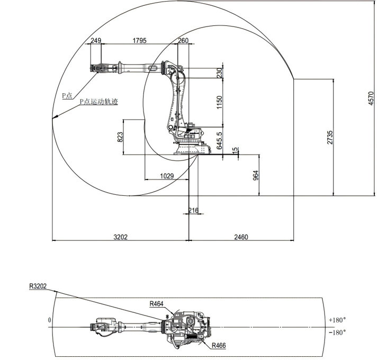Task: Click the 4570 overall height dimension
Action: click(371, 98)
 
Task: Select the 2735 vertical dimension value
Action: click(330, 137)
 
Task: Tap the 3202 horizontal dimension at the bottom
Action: click(121, 237)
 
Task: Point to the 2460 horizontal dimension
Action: click(240, 237)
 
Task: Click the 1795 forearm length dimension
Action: click(140, 40)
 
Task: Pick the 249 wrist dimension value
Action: click(95, 40)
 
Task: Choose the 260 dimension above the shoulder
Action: click(183, 40)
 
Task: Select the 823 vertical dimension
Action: click(120, 138)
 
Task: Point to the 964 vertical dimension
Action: click(256, 175)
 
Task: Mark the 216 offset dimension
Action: click(193, 210)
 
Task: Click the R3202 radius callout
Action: click(38, 286)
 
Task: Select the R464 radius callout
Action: click(156, 304)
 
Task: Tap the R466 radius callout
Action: click(219, 345)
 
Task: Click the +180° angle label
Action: click(337, 320)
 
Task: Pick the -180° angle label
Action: click(337, 332)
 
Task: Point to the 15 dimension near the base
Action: click(235, 150)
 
